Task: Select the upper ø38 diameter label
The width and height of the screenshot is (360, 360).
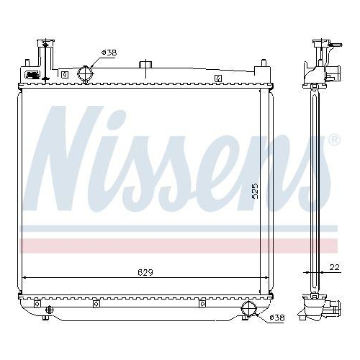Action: click(x=109, y=53)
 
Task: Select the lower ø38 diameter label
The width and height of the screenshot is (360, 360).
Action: click(x=276, y=318)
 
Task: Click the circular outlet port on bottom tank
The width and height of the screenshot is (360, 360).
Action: click(x=250, y=309)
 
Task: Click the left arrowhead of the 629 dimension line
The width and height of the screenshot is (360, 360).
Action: click(x=26, y=277)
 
